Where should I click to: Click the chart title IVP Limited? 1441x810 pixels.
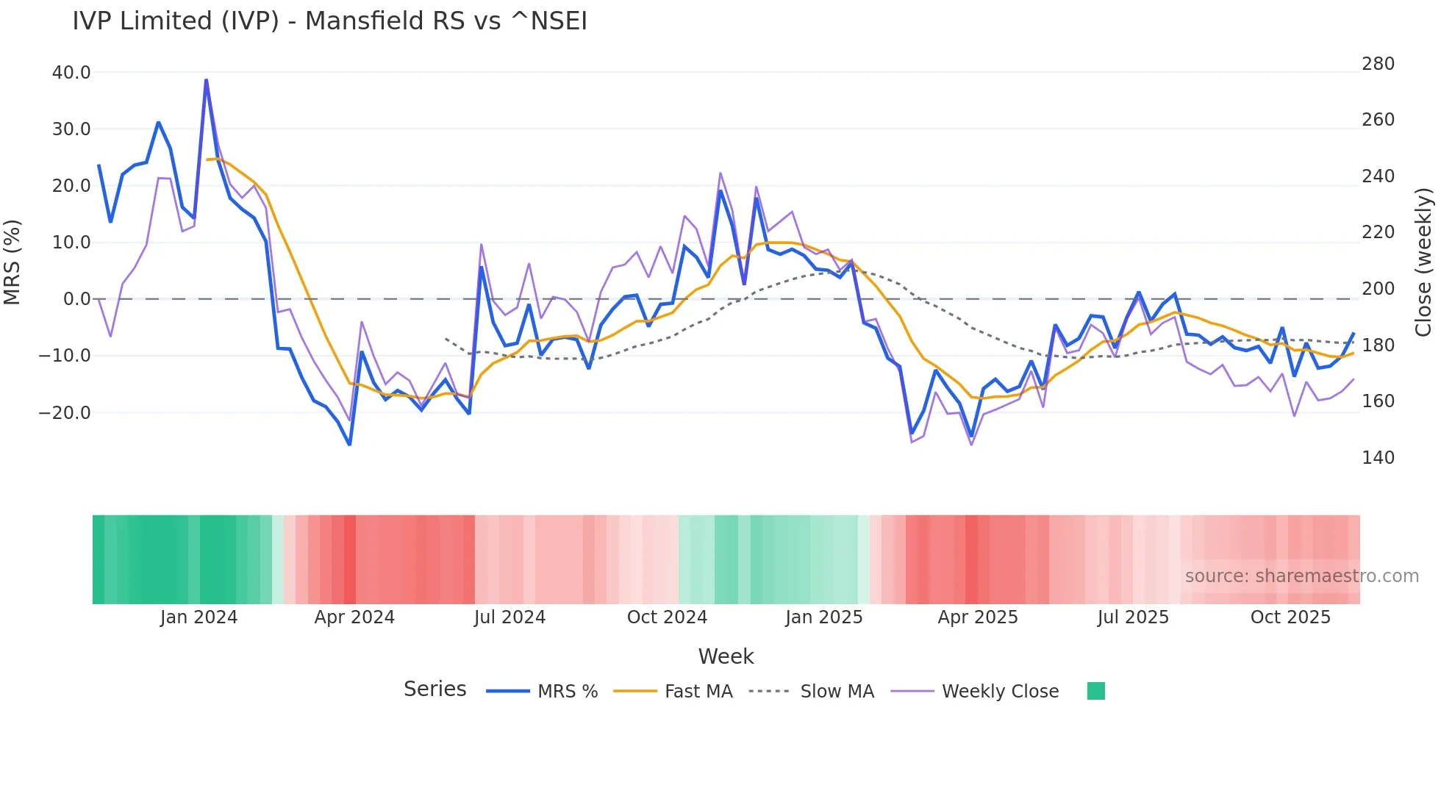(329, 21)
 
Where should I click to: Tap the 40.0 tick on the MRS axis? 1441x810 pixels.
(71, 73)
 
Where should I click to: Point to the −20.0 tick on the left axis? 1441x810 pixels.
(65, 413)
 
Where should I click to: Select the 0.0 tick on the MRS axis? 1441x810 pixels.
(76, 299)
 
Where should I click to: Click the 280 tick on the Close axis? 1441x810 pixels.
(1378, 64)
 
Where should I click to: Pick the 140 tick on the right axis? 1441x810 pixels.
(1378, 458)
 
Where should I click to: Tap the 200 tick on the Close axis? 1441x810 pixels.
(1378, 289)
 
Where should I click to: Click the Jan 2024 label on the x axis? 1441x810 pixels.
(199, 617)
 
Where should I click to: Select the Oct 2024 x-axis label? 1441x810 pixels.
(667, 617)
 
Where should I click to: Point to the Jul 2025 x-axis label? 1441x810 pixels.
(1133, 617)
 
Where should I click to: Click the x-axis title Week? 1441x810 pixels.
(726, 656)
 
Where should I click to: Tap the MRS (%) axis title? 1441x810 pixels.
(12, 262)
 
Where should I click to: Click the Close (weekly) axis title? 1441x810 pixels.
(1423, 262)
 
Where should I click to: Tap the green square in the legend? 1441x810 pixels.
(1095, 691)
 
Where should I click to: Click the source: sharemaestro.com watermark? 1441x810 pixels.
(1301, 576)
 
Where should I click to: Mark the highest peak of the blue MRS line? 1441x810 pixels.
(206, 80)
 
